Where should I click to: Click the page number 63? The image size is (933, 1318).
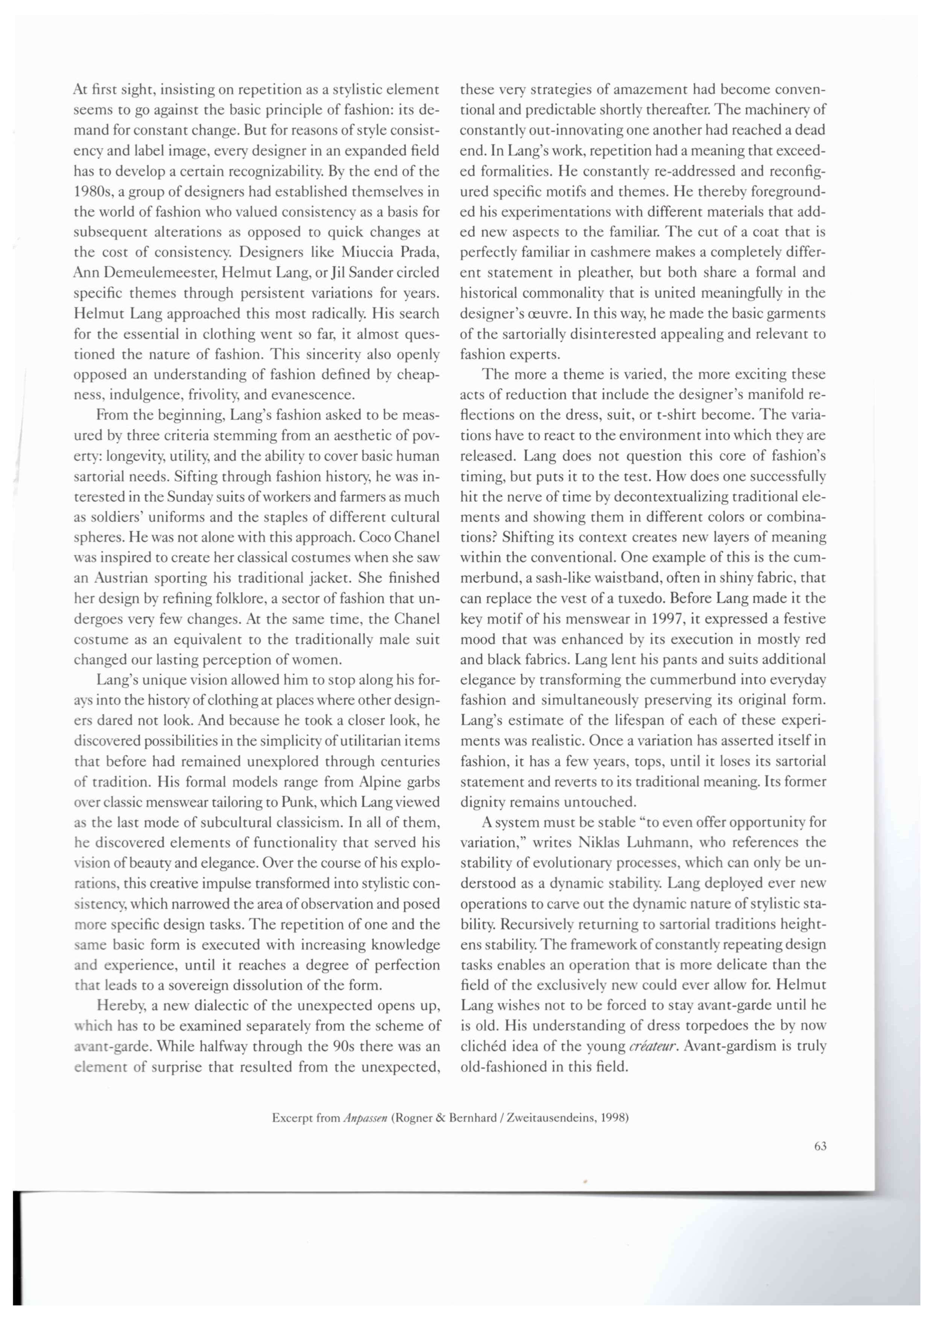coord(820,1146)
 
